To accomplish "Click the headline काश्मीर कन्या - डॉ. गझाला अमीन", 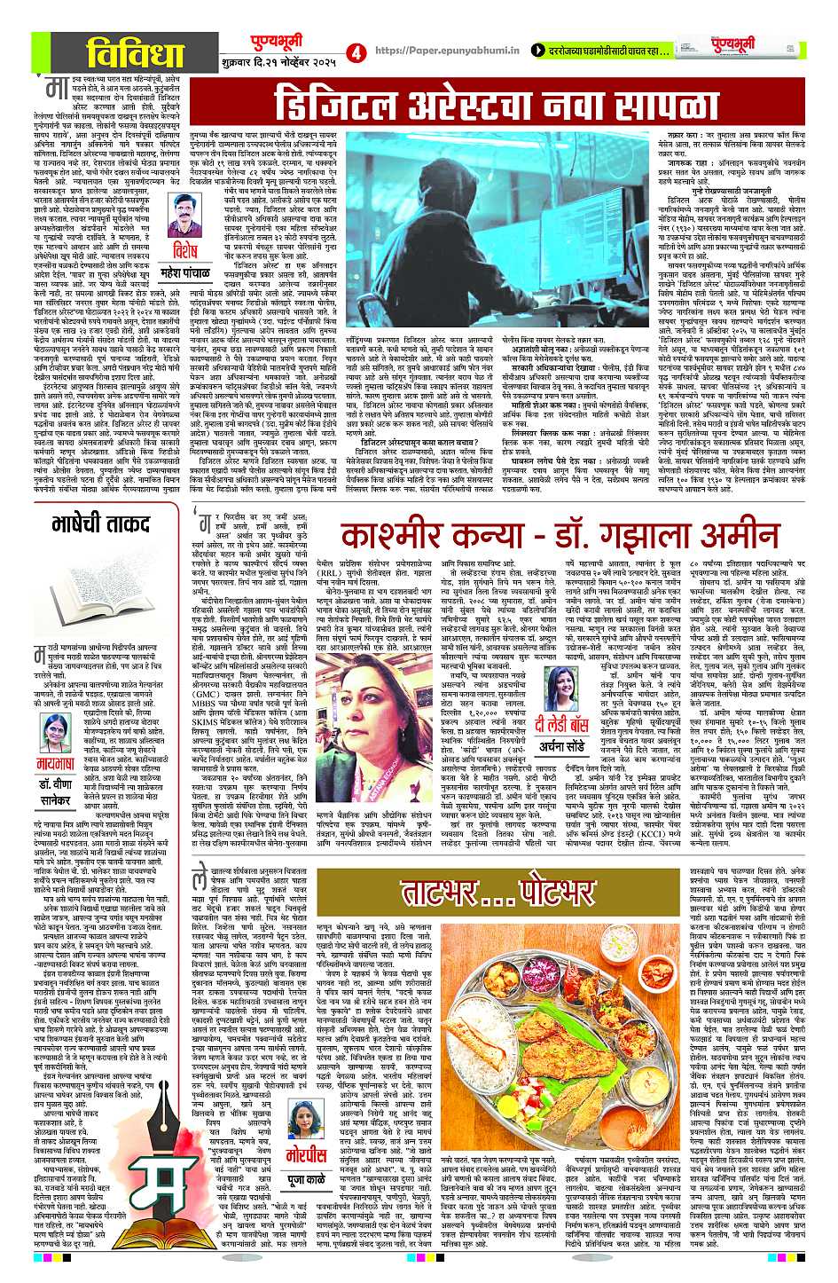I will pos(554,535).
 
